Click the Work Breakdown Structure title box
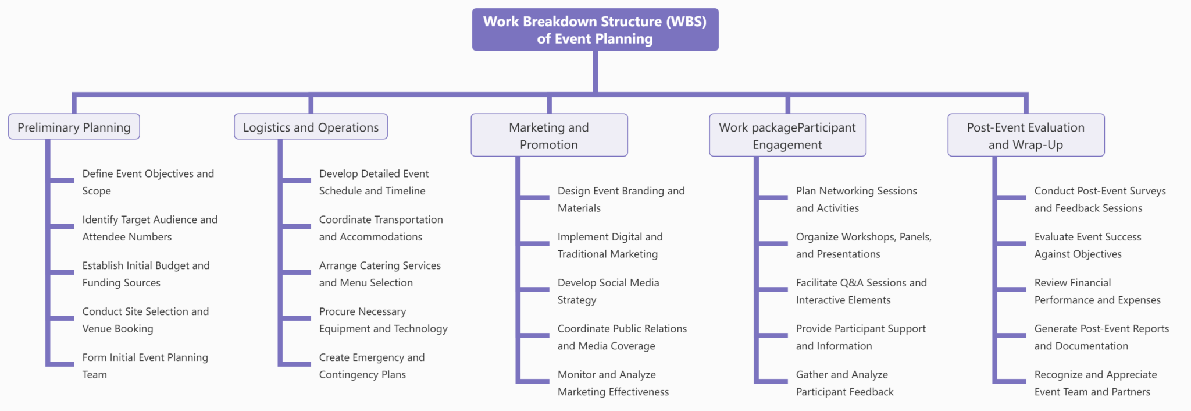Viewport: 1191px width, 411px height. pyautogui.click(x=595, y=30)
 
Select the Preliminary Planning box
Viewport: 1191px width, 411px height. pyautogui.click(x=74, y=127)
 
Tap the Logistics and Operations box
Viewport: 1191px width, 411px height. pyautogui.click(x=311, y=127)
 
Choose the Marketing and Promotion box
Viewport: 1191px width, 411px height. pyautogui.click(x=549, y=135)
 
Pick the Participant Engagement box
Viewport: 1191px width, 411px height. pyautogui.click(x=787, y=135)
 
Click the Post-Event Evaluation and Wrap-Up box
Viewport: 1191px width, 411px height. pyautogui.click(x=1026, y=135)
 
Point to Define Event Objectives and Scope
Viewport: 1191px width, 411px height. pyautogui.click(x=148, y=182)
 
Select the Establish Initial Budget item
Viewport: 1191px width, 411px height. pyautogui.click(x=145, y=274)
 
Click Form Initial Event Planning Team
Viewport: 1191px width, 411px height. pyautogui.click(x=145, y=366)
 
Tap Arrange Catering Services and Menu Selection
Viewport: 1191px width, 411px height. pyautogui.click(x=379, y=274)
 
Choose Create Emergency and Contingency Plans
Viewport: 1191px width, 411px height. pyautogui.click(x=372, y=366)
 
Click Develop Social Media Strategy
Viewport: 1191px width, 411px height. pyautogui.click(x=608, y=291)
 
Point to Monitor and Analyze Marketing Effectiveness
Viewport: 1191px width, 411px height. pyautogui.click(x=613, y=383)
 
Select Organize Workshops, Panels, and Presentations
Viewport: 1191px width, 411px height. pyautogui.click(x=863, y=245)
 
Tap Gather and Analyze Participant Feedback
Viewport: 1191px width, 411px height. pyautogui.click(x=844, y=383)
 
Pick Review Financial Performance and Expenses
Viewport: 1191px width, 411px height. pyautogui.click(x=1097, y=291)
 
